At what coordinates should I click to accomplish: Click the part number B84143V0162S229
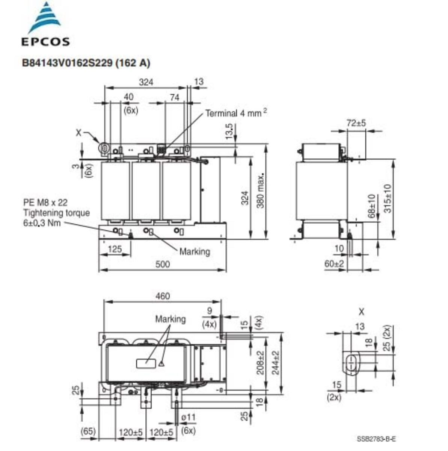(67, 63)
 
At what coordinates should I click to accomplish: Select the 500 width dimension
(163, 264)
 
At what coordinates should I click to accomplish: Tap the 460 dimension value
(163, 296)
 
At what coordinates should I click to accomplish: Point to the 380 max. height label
(261, 191)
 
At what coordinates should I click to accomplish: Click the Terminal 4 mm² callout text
(236, 113)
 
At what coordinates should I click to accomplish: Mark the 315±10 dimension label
(388, 198)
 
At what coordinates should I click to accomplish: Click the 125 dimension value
(115, 249)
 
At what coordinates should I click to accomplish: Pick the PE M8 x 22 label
(45, 203)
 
